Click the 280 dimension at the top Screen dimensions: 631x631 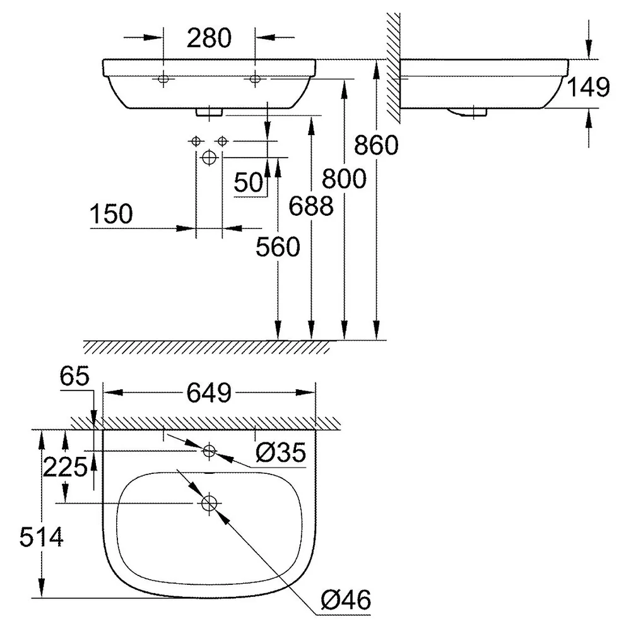pyautogui.click(x=209, y=38)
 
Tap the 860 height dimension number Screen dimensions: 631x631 pyautogui.click(x=376, y=145)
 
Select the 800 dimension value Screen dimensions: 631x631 pyautogui.click(x=344, y=179)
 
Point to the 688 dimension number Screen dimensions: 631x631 pyautogui.click(x=311, y=206)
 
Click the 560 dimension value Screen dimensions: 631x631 pyautogui.click(x=278, y=247)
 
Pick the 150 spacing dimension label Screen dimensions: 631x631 pyautogui.click(x=111, y=214)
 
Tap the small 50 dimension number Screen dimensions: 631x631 pyautogui.click(x=248, y=182)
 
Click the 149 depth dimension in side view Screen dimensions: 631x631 pyautogui.click(x=588, y=87)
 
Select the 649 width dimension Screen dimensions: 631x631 pyautogui.click(x=209, y=392)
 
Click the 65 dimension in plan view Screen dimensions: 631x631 pyautogui.click(x=74, y=377)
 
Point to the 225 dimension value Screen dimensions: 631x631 pyautogui.click(x=65, y=467)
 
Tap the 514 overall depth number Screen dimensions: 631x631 pyautogui.click(x=42, y=537)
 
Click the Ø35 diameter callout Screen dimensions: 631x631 pyautogui.click(x=281, y=452)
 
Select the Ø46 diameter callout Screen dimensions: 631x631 pyautogui.click(x=346, y=600)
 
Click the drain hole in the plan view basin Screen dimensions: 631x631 pyautogui.click(x=209, y=503)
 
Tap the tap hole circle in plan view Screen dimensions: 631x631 pyautogui.click(x=208, y=451)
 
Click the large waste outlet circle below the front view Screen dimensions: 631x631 pyautogui.click(x=209, y=157)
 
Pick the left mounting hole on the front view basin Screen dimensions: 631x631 pyautogui.click(x=163, y=79)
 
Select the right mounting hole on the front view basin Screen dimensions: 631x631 pyautogui.click(x=255, y=79)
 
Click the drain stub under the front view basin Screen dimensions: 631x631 pyautogui.click(x=209, y=112)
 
